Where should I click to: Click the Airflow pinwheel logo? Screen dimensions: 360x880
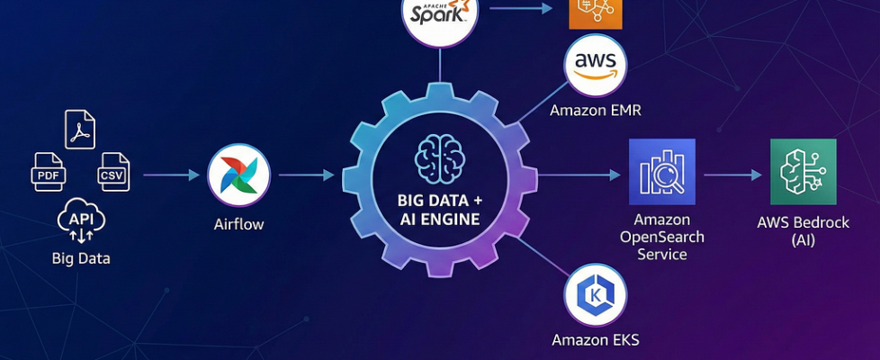coord(238,175)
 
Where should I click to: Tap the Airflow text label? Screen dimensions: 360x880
coord(238,224)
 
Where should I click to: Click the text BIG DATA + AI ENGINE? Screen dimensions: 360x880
coord(439,209)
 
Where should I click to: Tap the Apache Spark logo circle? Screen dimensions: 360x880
coord(440,15)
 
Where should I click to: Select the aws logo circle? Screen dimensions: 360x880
coord(595,66)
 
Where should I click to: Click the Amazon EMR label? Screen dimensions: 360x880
coord(595,111)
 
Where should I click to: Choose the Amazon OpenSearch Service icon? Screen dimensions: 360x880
coord(661,172)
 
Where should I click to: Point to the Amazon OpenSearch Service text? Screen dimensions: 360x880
coord(661,237)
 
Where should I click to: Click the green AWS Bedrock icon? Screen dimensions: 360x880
coord(803,172)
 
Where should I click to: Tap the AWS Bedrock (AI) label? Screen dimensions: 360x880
coord(803,231)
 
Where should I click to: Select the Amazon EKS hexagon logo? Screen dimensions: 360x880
coord(595,295)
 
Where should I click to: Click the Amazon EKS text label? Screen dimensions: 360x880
coord(595,340)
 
